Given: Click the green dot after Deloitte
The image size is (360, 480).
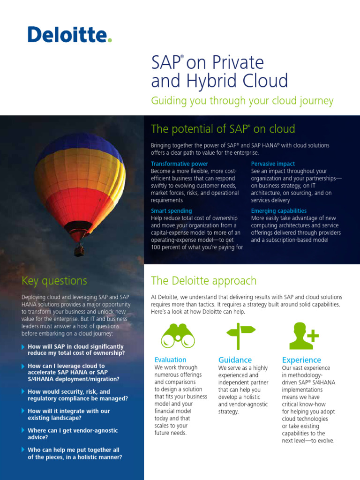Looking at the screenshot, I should pyautogui.click(x=110, y=41).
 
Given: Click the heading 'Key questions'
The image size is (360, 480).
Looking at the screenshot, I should pyautogui.click(x=54, y=281).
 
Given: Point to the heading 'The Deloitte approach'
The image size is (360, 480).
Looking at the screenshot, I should pyautogui.click(x=203, y=281).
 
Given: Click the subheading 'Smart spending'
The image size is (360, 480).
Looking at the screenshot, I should pyautogui.click(x=171, y=211).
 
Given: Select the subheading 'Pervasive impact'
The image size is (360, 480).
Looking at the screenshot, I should pyautogui.click(x=273, y=164).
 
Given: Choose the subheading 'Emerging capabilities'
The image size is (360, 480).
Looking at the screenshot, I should pyautogui.click(x=279, y=211).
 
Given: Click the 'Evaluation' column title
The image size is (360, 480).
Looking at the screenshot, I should pyautogui.click(x=171, y=360).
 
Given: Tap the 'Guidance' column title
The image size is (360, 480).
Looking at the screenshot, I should pyautogui.click(x=235, y=360).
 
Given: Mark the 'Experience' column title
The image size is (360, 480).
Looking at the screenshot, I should pyautogui.click(x=301, y=360).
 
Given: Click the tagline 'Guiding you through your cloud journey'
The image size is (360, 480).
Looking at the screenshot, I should pyautogui.click(x=242, y=101).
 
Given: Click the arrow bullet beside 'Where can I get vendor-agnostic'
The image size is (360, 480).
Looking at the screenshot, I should pyautogui.click(x=23, y=430).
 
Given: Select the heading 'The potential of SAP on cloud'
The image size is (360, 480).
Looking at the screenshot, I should pyautogui.click(x=223, y=128).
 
